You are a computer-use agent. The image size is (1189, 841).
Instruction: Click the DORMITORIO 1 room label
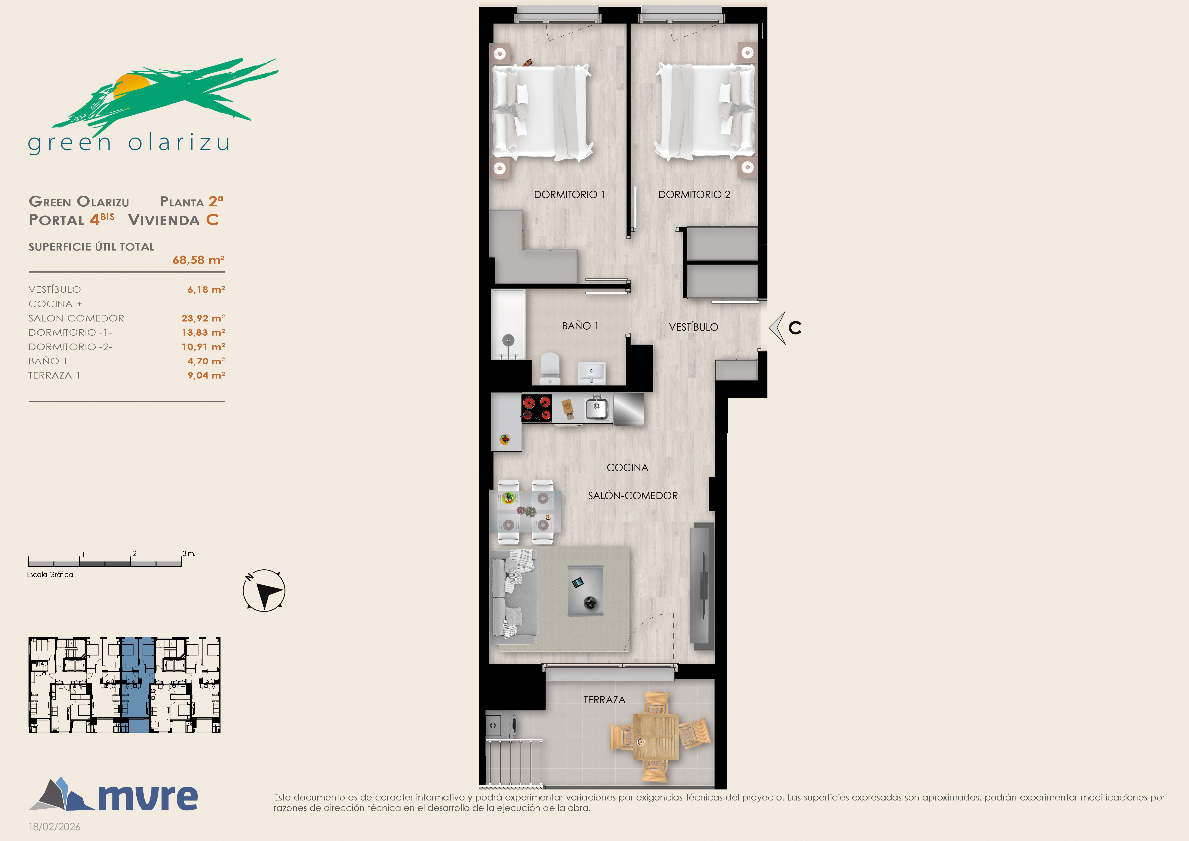(569, 195)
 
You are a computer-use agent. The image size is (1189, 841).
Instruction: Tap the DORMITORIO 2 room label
(694, 195)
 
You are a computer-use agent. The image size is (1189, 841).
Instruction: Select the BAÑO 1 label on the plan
(580, 326)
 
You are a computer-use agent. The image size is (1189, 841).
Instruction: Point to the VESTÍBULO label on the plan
(693, 327)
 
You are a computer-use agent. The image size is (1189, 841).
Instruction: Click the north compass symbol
(264, 590)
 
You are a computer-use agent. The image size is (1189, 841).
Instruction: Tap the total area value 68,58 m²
(198, 260)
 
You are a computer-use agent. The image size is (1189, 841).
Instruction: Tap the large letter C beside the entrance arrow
(795, 328)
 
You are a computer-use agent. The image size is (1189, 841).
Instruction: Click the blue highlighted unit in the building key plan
(138, 685)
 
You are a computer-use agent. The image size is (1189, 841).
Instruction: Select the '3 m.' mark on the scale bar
(189, 554)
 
